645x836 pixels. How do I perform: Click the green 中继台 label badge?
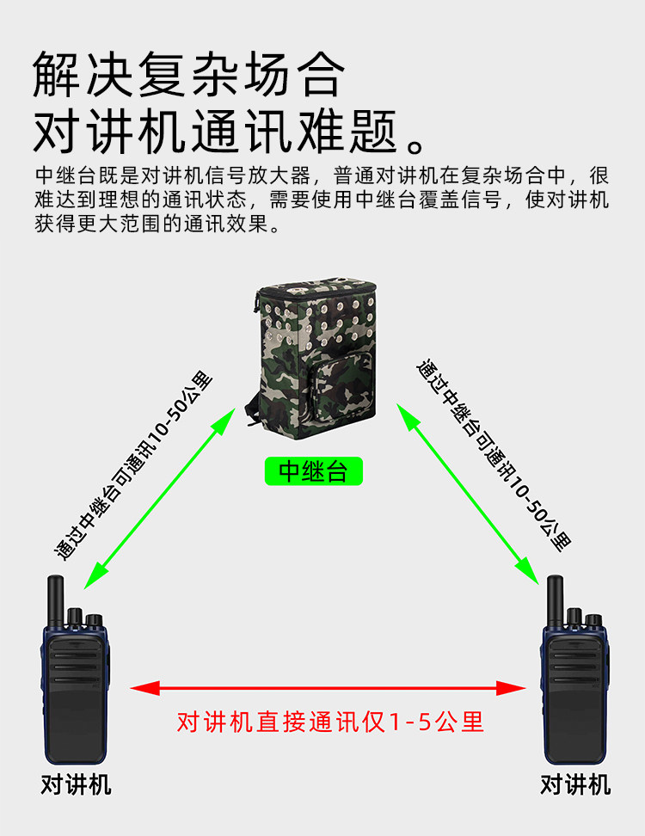point(314,471)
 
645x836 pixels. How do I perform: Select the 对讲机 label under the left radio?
point(76,785)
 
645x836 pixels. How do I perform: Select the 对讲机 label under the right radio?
point(575,785)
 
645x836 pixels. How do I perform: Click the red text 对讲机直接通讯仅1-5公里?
point(330,722)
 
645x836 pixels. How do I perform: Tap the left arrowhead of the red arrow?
point(143,687)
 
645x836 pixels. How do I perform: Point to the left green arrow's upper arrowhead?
point(225,419)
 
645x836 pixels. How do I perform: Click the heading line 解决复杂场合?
point(189,75)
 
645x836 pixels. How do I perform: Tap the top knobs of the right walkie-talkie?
point(584,618)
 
